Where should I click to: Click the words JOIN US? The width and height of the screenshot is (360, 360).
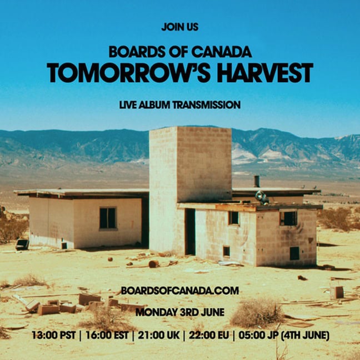pyautogui.click(x=180, y=27)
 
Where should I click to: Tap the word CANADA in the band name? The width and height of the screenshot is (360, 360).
pyautogui.click(x=222, y=52)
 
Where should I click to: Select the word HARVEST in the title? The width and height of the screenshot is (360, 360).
pyautogui.click(x=265, y=73)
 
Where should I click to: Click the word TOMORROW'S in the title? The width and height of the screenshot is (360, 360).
pyautogui.click(x=128, y=73)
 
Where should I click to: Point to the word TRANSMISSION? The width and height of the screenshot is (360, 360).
pyautogui.click(x=207, y=105)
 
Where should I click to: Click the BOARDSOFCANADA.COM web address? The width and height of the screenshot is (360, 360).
pyautogui.click(x=180, y=291)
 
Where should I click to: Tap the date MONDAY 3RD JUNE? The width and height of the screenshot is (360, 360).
pyautogui.click(x=180, y=312)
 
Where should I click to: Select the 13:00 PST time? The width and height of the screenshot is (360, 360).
pyautogui.click(x=53, y=335)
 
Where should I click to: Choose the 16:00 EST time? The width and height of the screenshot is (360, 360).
pyautogui.click(x=107, y=335)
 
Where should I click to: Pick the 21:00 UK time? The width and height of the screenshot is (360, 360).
pyautogui.click(x=158, y=335)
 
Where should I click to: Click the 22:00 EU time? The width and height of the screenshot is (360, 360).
pyautogui.click(x=209, y=335)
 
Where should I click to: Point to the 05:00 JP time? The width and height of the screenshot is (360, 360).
pyautogui.click(x=258, y=335)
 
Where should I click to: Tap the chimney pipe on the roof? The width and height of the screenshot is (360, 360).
pyautogui.click(x=257, y=181)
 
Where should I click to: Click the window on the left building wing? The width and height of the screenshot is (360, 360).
pyautogui.click(x=108, y=218)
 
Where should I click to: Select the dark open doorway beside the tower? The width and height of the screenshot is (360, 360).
pyautogui.click(x=190, y=232)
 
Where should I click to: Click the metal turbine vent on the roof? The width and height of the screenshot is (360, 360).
pyautogui.click(x=262, y=197)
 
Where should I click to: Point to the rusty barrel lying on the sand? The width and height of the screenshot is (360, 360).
pyautogui.click(x=153, y=264)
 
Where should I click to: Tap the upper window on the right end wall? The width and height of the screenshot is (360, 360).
pyautogui.click(x=288, y=218)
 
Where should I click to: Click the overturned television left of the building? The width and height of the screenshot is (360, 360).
pyautogui.click(x=22, y=244)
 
